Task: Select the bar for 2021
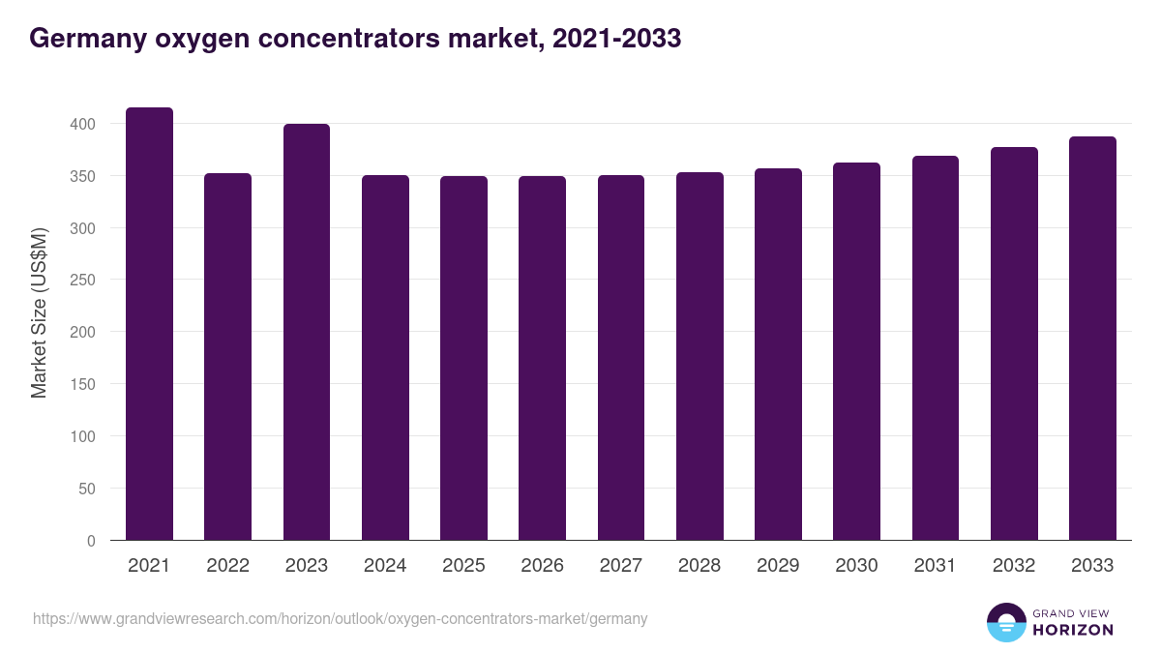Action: [150, 324]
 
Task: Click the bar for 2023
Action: [307, 332]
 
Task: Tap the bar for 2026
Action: [542, 358]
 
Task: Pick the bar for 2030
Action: [856, 351]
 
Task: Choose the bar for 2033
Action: [1092, 339]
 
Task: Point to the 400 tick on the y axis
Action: [84, 124]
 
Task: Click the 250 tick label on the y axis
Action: [84, 280]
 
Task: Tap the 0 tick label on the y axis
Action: [91, 541]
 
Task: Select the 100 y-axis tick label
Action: [84, 436]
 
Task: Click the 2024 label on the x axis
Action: [385, 566]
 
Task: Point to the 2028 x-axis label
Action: [700, 566]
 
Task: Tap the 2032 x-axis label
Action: [1014, 566]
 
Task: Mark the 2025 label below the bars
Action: [463, 566]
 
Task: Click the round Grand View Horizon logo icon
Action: [1006, 623]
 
